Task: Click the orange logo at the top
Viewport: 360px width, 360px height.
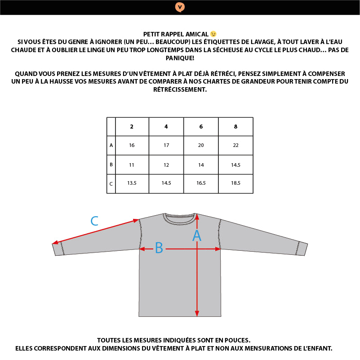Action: [x=180, y=7]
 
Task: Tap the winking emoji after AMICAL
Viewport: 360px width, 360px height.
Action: [x=213, y=34]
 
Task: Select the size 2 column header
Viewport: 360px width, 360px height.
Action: [x=132, y=127]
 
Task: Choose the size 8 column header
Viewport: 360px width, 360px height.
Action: [x=236, y=127]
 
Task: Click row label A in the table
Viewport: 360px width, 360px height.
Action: [x=111, y=146]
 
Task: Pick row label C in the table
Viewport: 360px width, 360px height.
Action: [x=111, y=184]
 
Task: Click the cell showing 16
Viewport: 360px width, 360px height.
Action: [x=132, y=146]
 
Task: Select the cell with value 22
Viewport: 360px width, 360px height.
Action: [x=236, y=146]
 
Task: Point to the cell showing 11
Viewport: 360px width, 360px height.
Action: [x=132, y=165]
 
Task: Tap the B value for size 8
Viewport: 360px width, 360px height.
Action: [x=236, y=165]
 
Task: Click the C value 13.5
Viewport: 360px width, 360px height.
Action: [x=132, y=183]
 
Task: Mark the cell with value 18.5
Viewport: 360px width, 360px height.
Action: [x=236, y=183]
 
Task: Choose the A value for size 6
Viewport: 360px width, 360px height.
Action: [x=201, y=146]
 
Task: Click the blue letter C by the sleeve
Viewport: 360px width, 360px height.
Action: [x=94, y=221]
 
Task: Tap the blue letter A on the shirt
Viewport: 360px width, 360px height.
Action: [x=196, y=236]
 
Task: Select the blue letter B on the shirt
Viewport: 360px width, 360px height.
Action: [x=159, y=248]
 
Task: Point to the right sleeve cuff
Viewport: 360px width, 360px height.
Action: [x=302, y=249]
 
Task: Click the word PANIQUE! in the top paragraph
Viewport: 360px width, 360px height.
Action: [x=180, y=58]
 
